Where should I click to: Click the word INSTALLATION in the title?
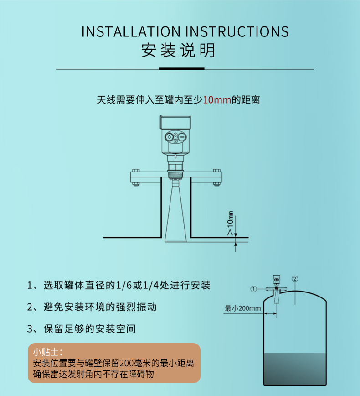(131, 32)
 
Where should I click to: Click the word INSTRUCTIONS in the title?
(237, 32)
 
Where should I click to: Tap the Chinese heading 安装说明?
(178, 50)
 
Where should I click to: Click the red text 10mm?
(217, 100)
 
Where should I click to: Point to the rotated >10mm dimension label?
(230, 223)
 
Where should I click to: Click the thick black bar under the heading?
(182, 68)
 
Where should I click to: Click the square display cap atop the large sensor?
(175, 122)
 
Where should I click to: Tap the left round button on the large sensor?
(169, 137)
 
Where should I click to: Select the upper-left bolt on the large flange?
(136, 170)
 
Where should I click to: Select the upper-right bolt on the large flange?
(217, 170)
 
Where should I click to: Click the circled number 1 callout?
(253, 289)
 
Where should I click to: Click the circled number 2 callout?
(295, 279)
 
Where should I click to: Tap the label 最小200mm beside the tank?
(243, 308)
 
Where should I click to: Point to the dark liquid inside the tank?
(295, 368)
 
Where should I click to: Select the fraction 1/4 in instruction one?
(151, 286)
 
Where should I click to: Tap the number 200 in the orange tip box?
(127, 363)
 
